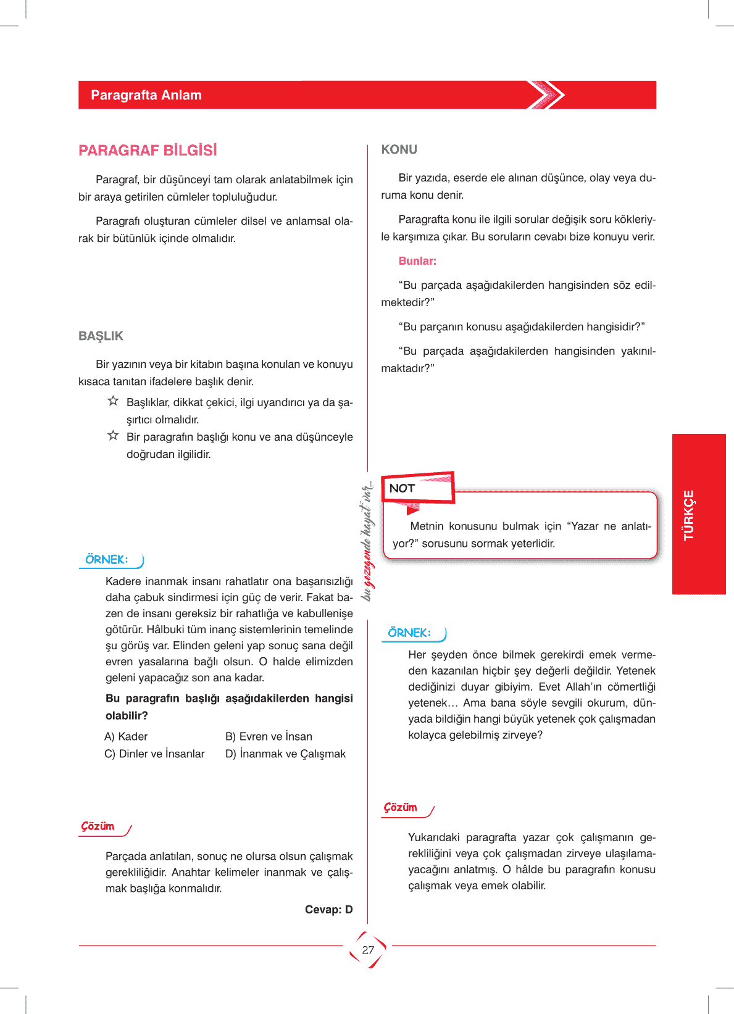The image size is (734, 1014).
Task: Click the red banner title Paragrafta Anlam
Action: (146, 95)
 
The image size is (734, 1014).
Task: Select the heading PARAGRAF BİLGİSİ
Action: (148, 151)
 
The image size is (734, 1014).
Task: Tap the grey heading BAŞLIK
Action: (101, 336)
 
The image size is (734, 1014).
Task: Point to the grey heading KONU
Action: (399, 149)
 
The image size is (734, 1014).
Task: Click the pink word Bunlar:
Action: (417, 261)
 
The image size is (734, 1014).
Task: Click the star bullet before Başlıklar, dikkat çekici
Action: (113, 401)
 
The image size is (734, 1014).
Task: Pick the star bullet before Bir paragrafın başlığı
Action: (113, 436)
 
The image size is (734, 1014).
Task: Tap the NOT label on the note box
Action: (402, 488)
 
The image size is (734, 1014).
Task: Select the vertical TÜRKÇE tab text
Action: (689, 515)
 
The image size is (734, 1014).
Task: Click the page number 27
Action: (368, 950)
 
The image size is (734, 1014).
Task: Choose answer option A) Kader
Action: (126, 736)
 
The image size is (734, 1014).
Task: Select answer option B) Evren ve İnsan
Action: (269, 736)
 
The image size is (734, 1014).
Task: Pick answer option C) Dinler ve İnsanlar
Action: (154, 754)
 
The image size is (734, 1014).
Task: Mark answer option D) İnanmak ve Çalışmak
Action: (285, 754)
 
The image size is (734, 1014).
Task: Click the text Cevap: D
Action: (328, 909)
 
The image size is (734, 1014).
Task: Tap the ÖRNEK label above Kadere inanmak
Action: (107, 560)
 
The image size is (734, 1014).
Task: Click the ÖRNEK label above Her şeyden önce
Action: (409, 633)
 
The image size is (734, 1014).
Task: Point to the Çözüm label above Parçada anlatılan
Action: (98, 826)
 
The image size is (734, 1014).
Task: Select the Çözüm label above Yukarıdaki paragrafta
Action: (401, 808)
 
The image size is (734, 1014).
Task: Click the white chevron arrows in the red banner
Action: (546, 95)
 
